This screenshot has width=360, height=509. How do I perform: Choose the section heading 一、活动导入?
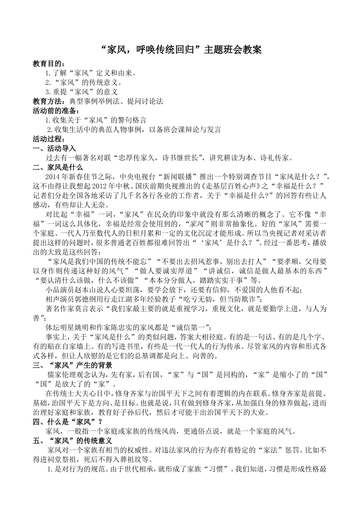(55, 148)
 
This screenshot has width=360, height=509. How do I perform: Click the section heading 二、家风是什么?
(58, 167)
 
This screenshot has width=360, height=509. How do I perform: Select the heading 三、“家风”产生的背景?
(72, 365)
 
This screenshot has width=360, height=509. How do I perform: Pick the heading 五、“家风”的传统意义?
(72, 440)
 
